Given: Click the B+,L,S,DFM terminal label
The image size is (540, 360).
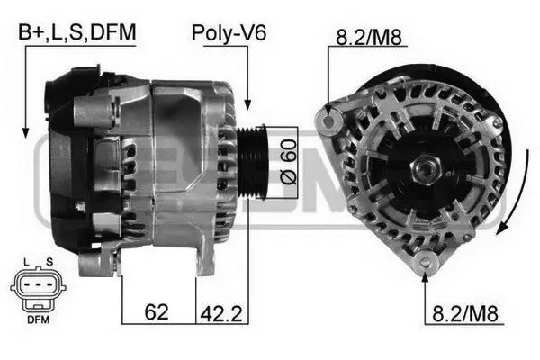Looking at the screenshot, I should pos(78,32).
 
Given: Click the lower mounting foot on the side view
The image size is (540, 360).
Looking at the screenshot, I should pos(97,263).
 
